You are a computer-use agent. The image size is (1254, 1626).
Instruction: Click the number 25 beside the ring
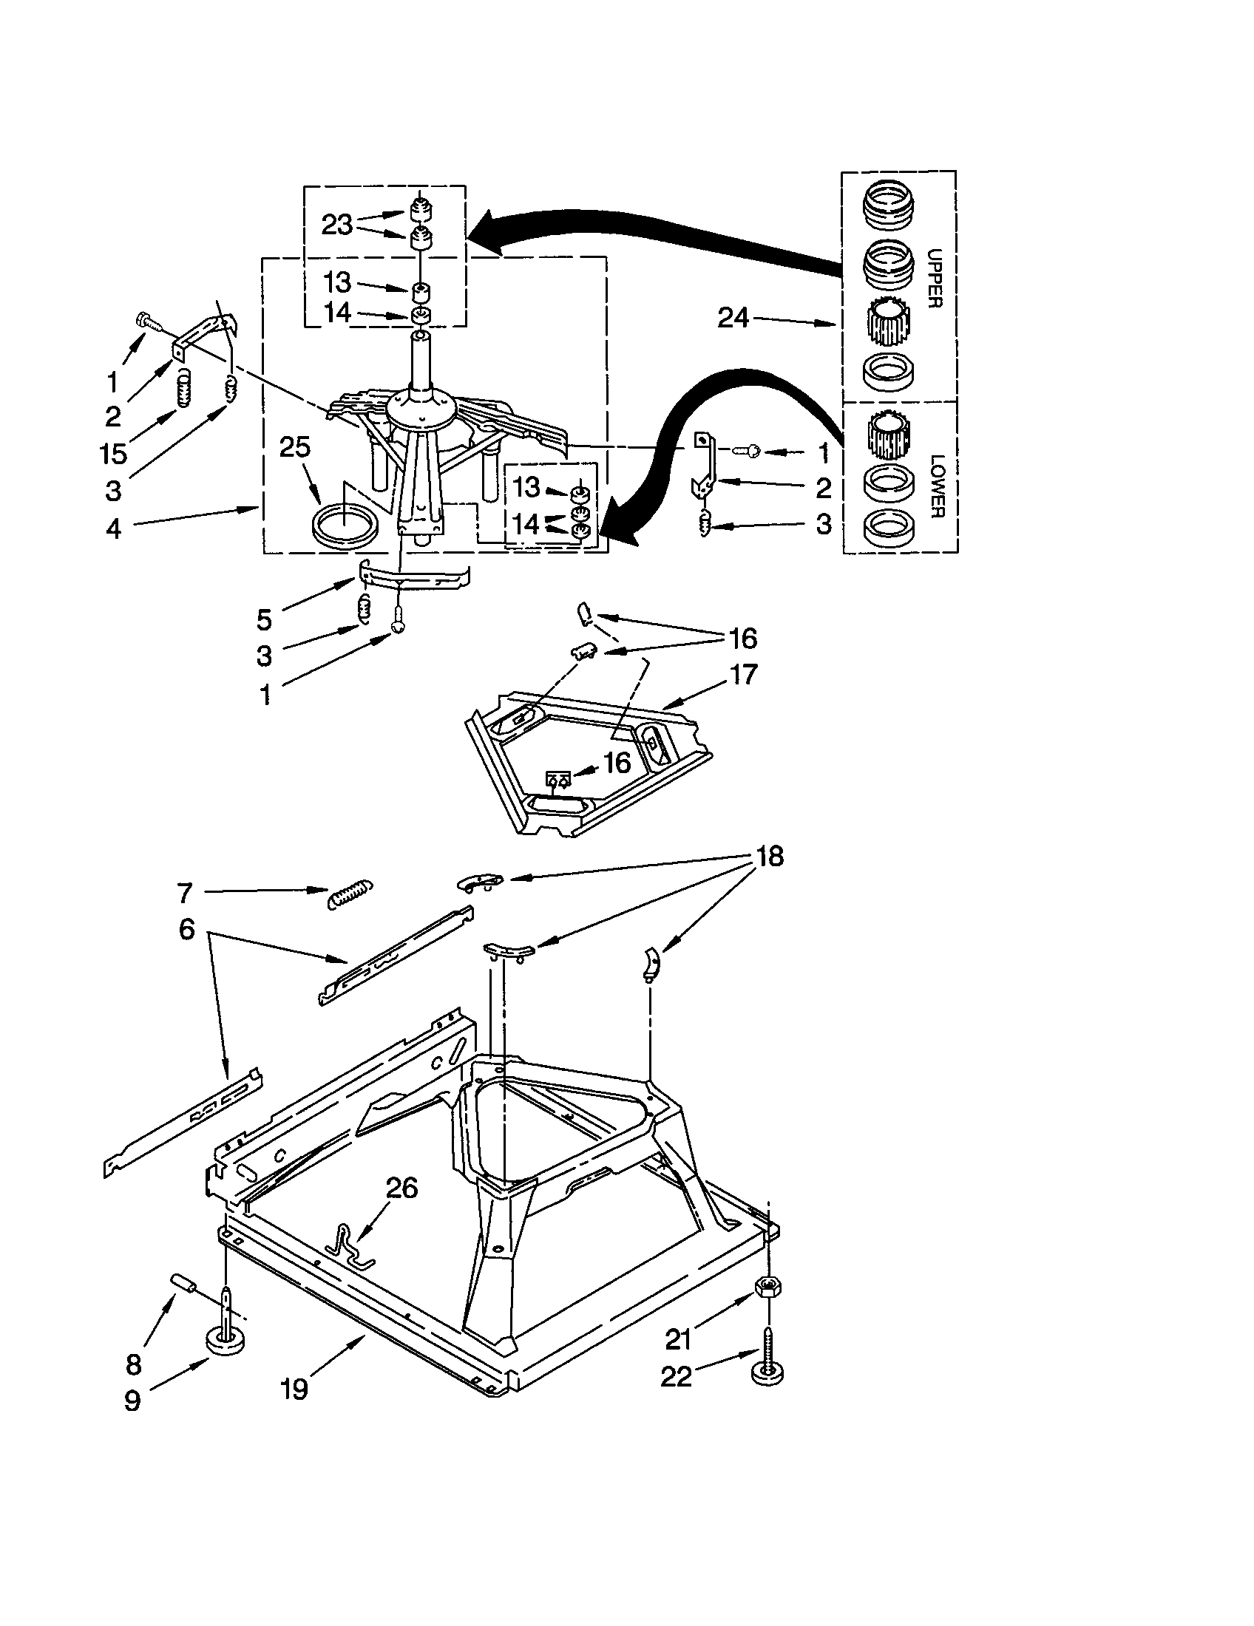tap(295, 446)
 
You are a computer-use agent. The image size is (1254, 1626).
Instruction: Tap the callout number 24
tap(733, 318)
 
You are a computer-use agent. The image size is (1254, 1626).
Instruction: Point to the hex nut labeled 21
tap(767, 1287)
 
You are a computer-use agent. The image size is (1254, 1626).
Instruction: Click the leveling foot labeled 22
tap(767, 1366)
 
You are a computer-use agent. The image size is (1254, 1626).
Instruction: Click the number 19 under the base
tap(295, 1389)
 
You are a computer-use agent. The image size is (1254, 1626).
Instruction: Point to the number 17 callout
tap(743, 674)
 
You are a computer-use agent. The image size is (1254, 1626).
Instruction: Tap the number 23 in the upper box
tap(336, 224)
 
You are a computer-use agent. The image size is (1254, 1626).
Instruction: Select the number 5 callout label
tap(265, 619)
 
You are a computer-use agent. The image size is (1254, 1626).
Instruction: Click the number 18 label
tap(770, 856)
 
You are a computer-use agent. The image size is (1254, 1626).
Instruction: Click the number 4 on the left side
tap(114, 528)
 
